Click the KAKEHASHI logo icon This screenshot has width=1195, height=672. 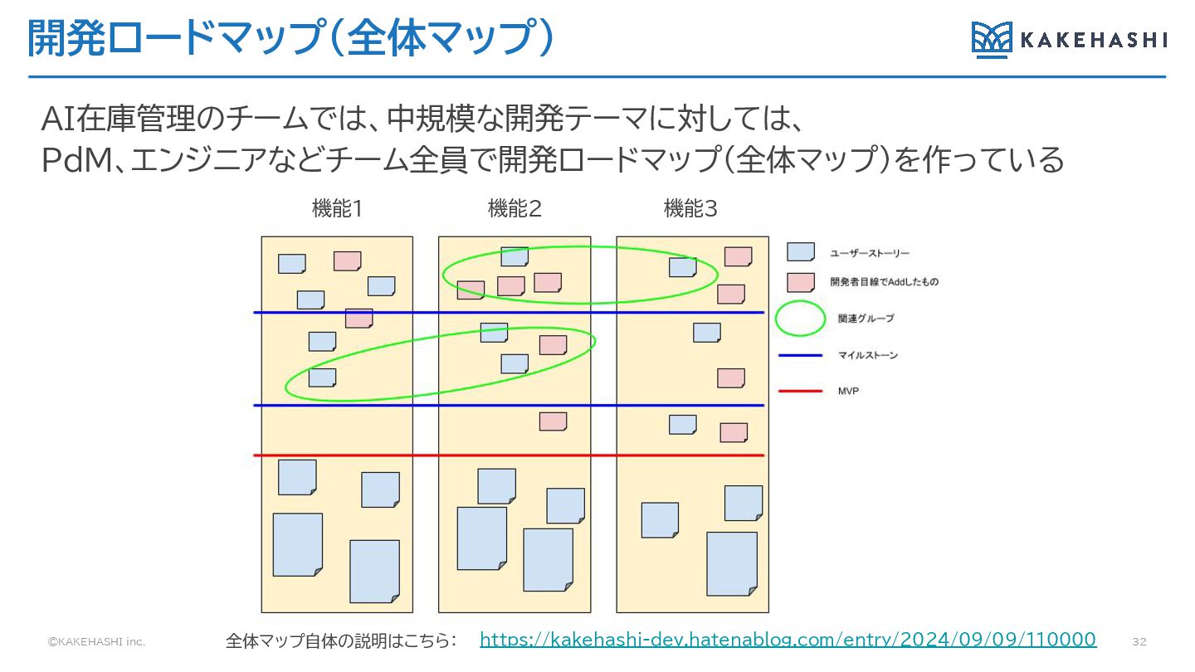(x=992, y=40)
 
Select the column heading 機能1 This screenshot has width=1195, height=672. (x=336, y=209)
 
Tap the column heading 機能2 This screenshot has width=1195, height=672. (x=515, y=209)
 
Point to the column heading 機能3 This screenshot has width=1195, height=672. (x=690, y=209)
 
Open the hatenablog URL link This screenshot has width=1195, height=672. (x=788, y=640)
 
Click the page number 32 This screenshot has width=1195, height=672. (x=1139, y=642)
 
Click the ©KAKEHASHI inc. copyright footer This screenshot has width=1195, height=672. (x=96, y=642)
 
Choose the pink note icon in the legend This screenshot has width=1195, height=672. (x=800, y=282)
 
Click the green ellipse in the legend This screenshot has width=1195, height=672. (x=801, y=319)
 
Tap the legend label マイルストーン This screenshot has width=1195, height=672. (x=868, y=356)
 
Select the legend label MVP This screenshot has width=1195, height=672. (x=848, y=391)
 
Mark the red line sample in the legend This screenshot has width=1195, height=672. (x=801, y=391)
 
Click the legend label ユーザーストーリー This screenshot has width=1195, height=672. (x=870, y=253)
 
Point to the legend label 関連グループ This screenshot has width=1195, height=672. (x=866, y=319)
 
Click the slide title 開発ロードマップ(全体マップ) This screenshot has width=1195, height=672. (x=290, y=38)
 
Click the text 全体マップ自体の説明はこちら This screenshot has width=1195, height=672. (x=342, y=640)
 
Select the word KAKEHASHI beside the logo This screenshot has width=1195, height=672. (x=1093, y=40)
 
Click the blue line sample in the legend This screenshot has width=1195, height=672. (x=801, y=356)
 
